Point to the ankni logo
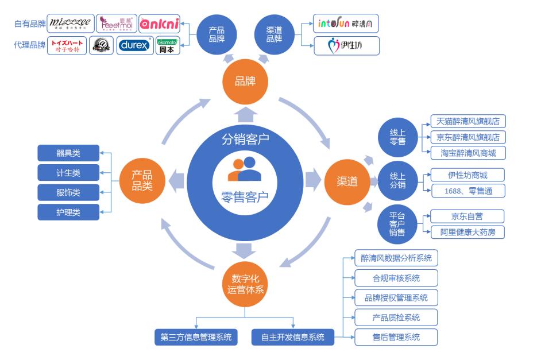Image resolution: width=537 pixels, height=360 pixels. (159, 24)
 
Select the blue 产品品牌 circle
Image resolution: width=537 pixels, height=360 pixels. (217, 34)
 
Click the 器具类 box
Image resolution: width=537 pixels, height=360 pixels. (68, 153)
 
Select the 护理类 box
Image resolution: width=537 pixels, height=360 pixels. (68, 212)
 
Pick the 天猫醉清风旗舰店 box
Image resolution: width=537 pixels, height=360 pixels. (468, 121)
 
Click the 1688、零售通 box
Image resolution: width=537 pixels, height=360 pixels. (468, 191)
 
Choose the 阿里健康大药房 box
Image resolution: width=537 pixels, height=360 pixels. (468, 232)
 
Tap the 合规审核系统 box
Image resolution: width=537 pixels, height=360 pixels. (396, 278)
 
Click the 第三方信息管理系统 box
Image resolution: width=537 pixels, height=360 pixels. (196, 337)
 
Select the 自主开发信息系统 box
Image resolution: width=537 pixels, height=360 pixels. (292, 337)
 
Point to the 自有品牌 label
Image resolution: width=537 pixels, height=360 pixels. (29, 24)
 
